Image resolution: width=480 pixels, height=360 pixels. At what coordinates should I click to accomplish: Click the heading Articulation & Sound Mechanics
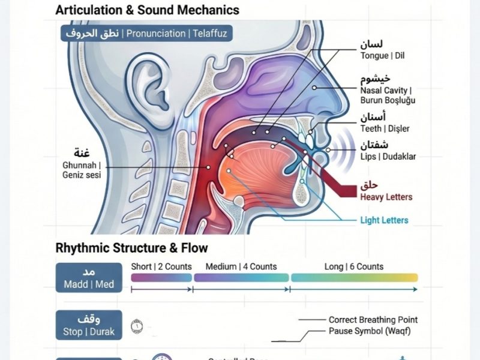[x=147, y=10]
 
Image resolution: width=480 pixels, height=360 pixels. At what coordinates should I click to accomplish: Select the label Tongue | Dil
[x=383, y=56]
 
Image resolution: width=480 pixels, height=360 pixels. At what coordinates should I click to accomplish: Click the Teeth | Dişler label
[x=385, y=128]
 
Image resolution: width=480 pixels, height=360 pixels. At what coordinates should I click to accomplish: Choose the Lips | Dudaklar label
[x=388, y=157]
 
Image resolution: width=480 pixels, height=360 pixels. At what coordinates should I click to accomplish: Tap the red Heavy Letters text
[x=386, y=197]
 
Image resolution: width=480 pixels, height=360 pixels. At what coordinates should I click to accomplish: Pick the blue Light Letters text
[x=384, y=220]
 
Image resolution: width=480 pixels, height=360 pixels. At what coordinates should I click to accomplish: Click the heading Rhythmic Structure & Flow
[x=131, y=248]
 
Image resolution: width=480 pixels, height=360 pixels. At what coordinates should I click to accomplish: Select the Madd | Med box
[x=88, y=278]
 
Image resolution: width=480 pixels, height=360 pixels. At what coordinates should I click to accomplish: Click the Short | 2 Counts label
[x=161, y=266]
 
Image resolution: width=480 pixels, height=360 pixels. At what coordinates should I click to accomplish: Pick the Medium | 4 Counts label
[x=241, y=266]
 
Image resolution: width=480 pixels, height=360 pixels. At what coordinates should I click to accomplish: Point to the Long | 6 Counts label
[x=354, y=266]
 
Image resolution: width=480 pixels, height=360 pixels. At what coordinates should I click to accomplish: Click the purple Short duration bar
[x=161, y=278]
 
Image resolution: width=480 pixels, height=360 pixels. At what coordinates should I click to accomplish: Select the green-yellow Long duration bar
[x=354, y=278]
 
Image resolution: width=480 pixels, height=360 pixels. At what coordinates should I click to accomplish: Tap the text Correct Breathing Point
[x=373, y=320]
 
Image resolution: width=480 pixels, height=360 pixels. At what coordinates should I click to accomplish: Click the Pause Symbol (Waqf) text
[x=370, y=331]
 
